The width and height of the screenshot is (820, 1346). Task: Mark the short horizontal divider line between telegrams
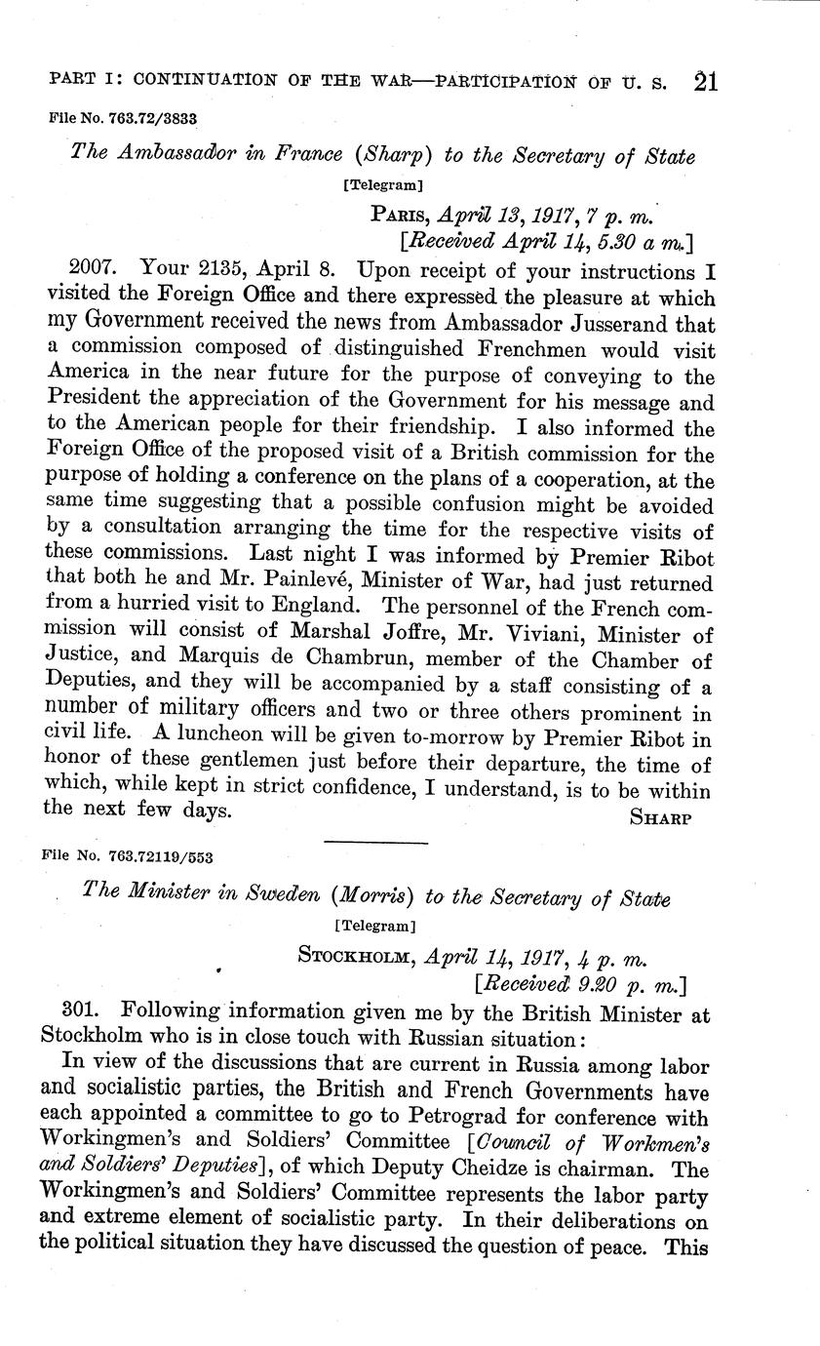tap(375, 843)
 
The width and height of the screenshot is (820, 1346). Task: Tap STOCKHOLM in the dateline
tap(357, 956)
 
